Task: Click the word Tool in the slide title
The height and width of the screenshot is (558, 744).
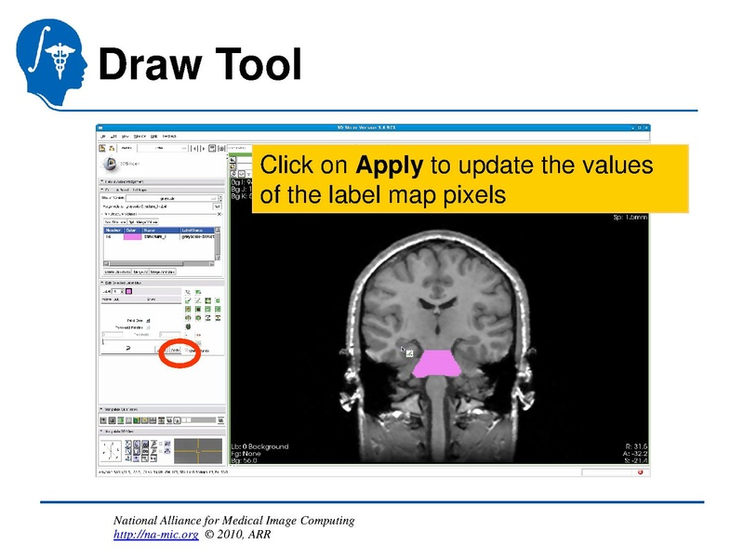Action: pyautogui.click(x=259, y=64)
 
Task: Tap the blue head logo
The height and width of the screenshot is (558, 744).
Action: pyautogui.click(x=52, y=57)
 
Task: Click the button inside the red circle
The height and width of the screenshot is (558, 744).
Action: pyautogui.click(x=174, y=351)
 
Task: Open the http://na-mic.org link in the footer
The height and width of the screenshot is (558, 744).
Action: pyautogui.click(x=155, y=536)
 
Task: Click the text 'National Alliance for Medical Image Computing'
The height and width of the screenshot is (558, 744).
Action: pyautogui.click(x=233, y=521)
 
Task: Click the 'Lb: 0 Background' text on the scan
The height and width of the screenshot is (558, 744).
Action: pyautogui.click(x=259, y=446)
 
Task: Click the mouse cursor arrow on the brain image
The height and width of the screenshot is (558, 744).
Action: pyautogui.click(x=404, y=350)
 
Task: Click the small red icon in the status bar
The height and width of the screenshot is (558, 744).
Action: pyautogui.click(x=640, y=472)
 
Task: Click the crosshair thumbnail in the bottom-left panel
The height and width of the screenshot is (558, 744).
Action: pyautogui.click(x=198, y=451)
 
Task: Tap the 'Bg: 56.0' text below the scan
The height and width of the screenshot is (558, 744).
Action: pyautogui.click(x=246, y=461)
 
